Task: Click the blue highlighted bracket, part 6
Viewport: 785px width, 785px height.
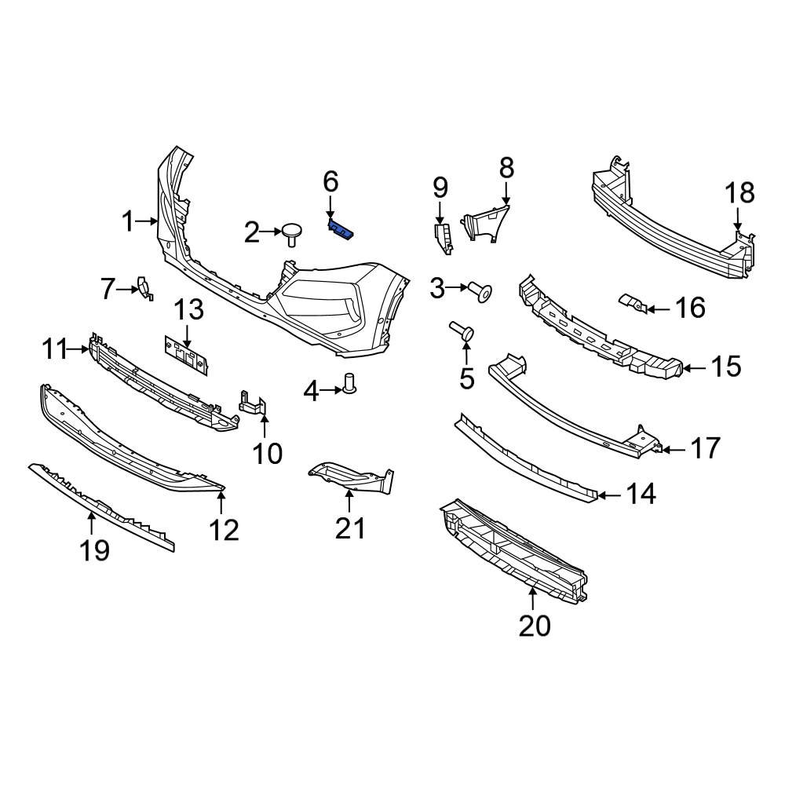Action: [x=341, y=230]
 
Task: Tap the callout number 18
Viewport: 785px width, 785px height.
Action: [x=740, y=193]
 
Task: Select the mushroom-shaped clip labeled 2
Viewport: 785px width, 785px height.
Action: [x=292, y=233]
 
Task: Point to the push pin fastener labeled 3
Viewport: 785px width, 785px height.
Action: [x=480, y=292]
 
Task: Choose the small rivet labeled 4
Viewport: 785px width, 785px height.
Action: [x=350, y=383]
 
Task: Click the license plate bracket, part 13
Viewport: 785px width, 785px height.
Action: [x=186, y=355]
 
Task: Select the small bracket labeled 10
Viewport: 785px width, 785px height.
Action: [x=254, y=403]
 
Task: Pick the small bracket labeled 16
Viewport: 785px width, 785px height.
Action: [x=634, y=302]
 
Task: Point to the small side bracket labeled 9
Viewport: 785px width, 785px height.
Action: [x=444, y=239]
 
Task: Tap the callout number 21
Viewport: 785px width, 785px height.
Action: [x=350, y=528]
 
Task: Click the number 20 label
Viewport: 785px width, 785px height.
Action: [x=535, y=626]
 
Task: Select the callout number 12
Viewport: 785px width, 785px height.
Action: [x=224, y=530]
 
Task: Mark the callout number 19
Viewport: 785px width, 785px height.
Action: [x=94, y=551]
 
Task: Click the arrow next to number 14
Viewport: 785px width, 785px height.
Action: [x=609, y=495]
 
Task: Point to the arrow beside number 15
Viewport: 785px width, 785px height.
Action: [x=695, y=368]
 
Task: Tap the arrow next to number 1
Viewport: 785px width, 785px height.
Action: [x=148, y=221]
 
